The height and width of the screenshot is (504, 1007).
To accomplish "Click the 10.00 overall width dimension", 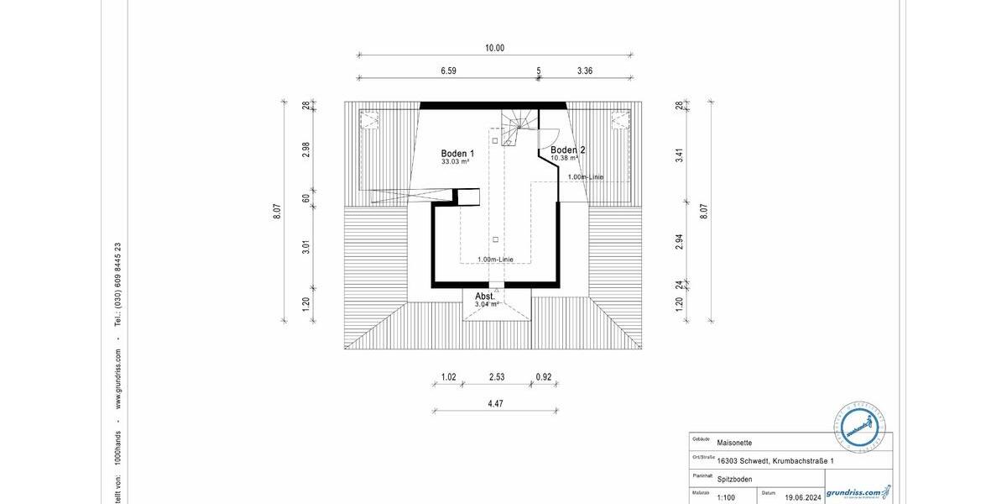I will pos(494,48).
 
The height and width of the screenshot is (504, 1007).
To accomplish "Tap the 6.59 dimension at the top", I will pos(448,71).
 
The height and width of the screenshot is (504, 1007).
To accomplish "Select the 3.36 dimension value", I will pos(585,71).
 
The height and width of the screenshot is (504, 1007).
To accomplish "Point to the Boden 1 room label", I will pos(457,154).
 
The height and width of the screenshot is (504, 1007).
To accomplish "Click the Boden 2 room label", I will pos(568,150).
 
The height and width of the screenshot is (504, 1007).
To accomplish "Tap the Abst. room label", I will pos(486,297).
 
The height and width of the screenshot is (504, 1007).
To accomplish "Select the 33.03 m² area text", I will pos(455,162).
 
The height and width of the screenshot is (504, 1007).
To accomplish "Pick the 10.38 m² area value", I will pos(564,158).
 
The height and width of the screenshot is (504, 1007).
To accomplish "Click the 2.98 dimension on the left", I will pos(306,149).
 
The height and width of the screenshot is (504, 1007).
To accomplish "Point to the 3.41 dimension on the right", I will pos(679,155).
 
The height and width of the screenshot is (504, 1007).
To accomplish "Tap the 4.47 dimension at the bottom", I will pos(495,404).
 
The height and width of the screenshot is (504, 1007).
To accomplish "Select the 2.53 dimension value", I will pos(497,377).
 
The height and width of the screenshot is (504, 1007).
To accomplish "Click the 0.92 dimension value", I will pos(544,377).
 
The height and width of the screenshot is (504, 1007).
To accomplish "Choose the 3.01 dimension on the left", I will pos(306,247).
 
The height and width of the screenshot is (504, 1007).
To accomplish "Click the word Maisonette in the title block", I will pos(735,442).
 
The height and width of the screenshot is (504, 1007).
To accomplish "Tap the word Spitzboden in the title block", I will pos(735,479).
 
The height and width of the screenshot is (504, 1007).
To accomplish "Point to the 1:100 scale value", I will pos(728,497).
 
